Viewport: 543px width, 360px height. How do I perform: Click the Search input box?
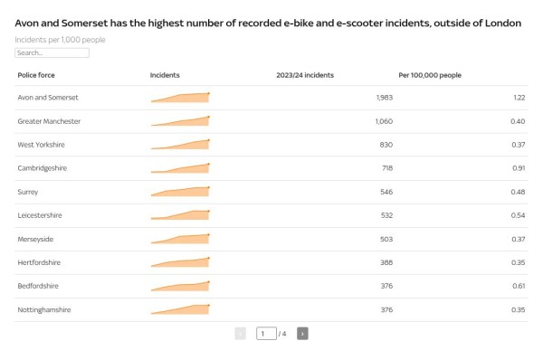[x=52, y=53]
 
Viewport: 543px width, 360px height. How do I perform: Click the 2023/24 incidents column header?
[x=305, y=75]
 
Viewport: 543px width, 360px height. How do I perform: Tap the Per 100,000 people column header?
[x=430, y=75]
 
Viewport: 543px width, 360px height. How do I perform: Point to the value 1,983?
[x=384, y=97]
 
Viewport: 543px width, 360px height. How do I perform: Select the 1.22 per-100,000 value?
[x=519, y=97]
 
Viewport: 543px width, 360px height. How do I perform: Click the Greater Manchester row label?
[x=49, y=120]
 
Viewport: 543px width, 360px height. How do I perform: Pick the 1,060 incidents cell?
[x=384, y=120]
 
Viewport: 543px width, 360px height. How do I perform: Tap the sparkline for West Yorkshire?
[x=181, y=144]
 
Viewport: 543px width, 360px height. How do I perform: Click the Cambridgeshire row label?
[x=43, y=168]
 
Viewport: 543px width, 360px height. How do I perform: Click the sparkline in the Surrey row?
[x=181, y=191]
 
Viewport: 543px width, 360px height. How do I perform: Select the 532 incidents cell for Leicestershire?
[x=386, y=215]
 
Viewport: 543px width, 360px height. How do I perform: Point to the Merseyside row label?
[x=36, y=239]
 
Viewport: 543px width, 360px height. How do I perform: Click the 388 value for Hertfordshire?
[x=386, y=262]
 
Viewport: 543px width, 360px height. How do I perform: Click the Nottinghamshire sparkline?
[x=181, y=309]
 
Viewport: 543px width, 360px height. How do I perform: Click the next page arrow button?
[x=302, y=334]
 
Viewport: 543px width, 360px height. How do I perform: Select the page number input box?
[x=265, y=334]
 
